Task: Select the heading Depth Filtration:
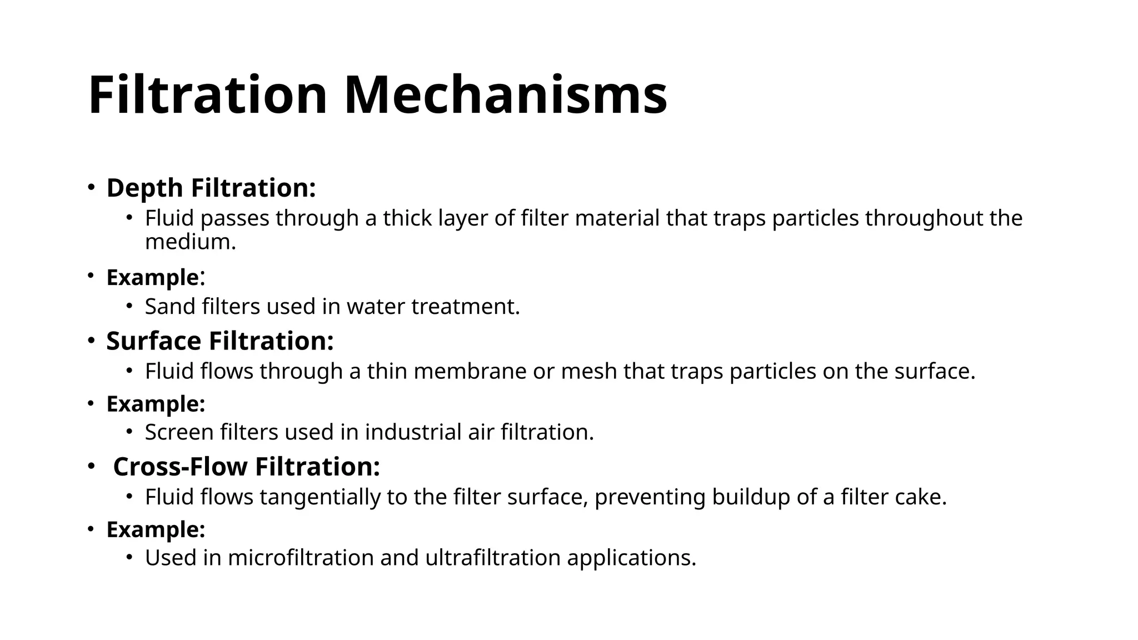(x=211, y=188)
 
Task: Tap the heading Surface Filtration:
(x=220, y=341)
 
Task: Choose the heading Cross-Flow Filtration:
(x=247, y=466)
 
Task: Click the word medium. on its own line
(x=191, y=242)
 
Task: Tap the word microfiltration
(x=301, y=558)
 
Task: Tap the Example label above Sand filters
(x=153, y=277)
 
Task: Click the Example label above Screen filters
(x=156, y=404)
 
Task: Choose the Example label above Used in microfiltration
(x=156, y=529)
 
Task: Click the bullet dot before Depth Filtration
(x=91, y=187)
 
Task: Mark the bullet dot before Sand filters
(x=129, y=306)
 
